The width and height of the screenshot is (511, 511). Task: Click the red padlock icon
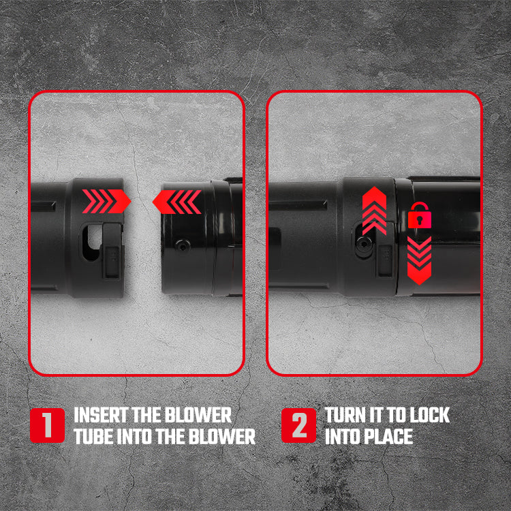click(x=420, y=216)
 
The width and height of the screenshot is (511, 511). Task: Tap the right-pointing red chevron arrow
click(x=106, y=202)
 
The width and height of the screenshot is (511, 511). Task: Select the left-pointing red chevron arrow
click(x=177, y=202)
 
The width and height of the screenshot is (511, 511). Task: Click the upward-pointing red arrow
click(x=375, y=211)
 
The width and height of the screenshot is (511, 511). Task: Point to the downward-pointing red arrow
click(x=420, y=261)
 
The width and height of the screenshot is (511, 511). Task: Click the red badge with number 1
click(x=47, y=425)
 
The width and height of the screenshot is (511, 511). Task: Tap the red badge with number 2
click(x=299, y=425)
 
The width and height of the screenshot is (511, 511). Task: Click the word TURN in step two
click(x=345, y=415)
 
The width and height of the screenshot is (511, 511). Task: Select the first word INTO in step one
click(x=134, y=437)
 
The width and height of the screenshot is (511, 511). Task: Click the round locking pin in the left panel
click(x=183, y=245)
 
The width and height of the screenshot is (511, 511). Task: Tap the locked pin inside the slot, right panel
click(x=363, y=243)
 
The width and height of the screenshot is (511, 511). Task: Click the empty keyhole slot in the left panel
click(x=91, y=241)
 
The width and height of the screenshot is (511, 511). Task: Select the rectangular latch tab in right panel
click(x=385, y=260)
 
